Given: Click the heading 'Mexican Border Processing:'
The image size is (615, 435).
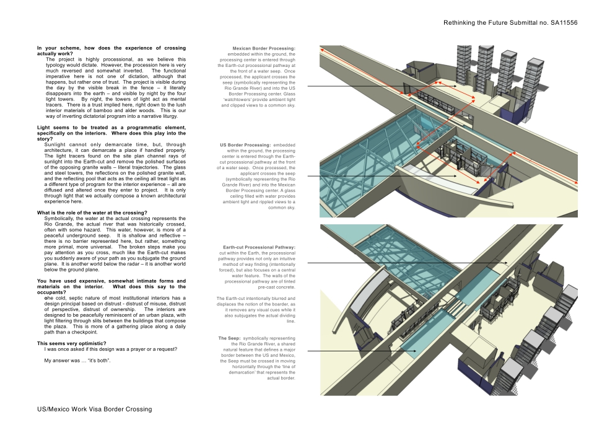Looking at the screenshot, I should tap(264, 48).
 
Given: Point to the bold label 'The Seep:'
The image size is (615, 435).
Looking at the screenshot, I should tap(229, 338).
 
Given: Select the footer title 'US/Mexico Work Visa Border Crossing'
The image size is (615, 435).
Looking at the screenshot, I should tap(94, 410).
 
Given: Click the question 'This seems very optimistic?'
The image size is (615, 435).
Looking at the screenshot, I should tap(71, 343).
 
